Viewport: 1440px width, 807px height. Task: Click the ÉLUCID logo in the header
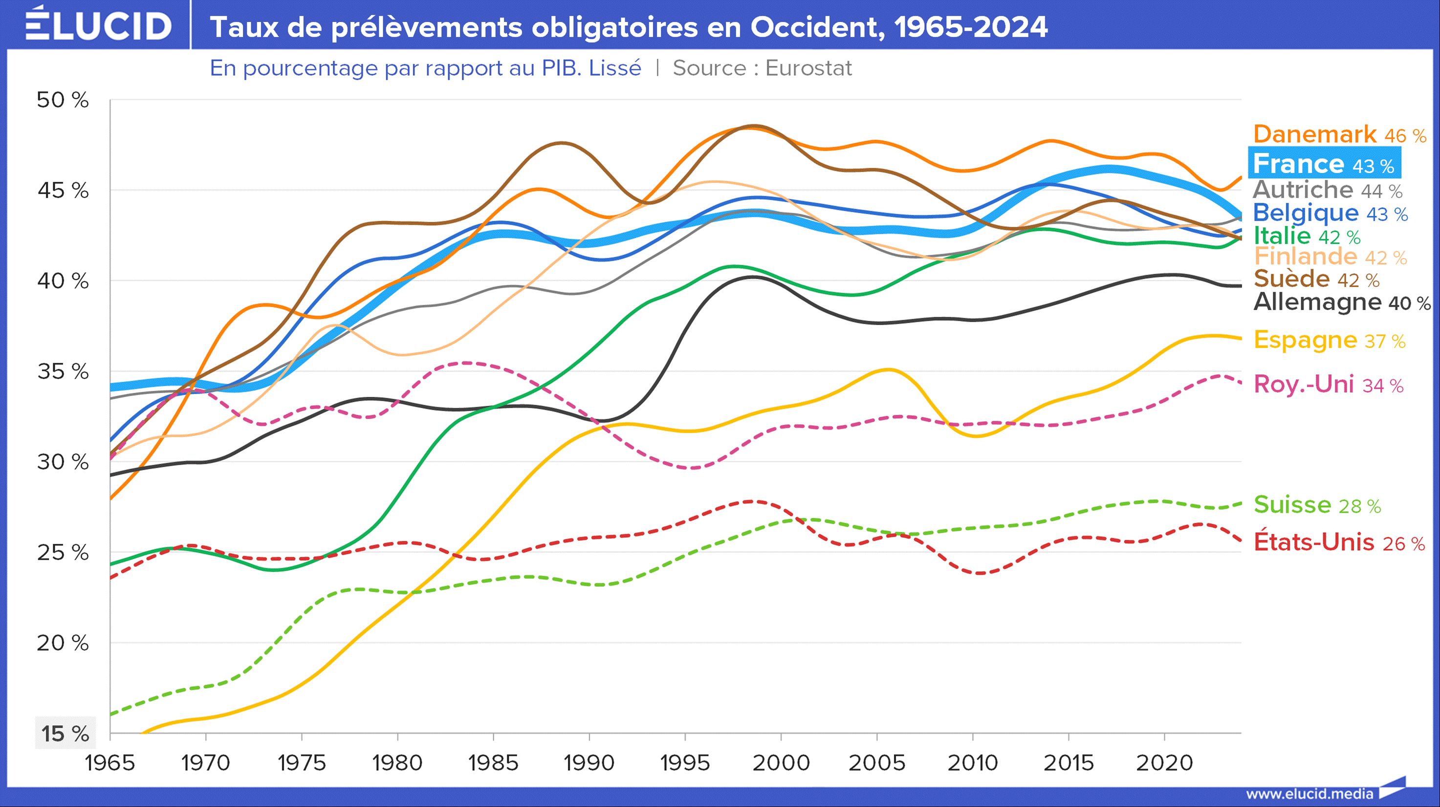pyautogui.click(x=98, y=24)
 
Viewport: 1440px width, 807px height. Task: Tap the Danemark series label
pyautogui.click(x=1339, y=135)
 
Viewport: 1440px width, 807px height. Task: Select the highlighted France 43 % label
pyautogui.click(x=1324, y=164)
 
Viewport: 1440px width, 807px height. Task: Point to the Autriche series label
pyautogui.click(x=1327, y=190)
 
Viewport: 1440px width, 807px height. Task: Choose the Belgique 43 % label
pyautogui.click(x=1330, y=213)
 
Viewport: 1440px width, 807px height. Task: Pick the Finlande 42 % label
pyautogui.click(x=1330, y=257)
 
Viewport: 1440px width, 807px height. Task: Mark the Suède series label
pyautogui.click(x=1316, y=279)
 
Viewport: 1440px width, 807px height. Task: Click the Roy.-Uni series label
pyautogui.click(x=1328, y=385)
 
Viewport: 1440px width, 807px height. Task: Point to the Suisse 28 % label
pyautogui.click(x=1317, y=504)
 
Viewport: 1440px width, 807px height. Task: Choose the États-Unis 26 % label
pyautogui.click(x=1339, y=542)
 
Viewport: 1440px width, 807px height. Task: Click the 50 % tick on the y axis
pyautogui.click(x=63, y=100)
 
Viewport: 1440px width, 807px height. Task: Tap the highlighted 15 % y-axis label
pyautogui.click(x=65, y=733)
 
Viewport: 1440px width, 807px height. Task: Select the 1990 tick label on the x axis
pyautogui.click(x=589, y=763)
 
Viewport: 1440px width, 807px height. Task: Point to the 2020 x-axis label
pyautogui.click(x=1164, y=763)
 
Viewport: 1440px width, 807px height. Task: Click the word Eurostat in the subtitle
pyautogui.click(x=808, y=68)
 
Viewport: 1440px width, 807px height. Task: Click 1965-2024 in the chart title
pyautogui.click(x=970, y=27)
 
